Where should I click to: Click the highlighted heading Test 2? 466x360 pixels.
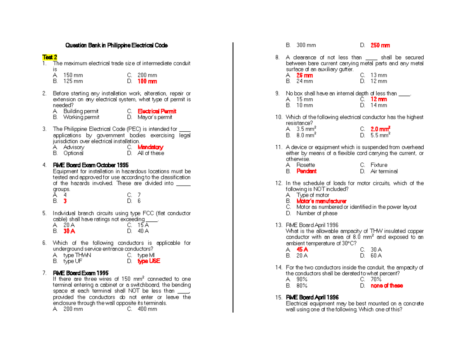tap(49, 57)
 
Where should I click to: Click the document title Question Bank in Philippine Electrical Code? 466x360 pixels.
tap(116, 45)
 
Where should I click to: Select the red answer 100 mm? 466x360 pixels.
tap(147, 82)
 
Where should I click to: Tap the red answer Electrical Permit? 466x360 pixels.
tap(157, 111)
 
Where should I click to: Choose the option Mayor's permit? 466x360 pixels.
tap(155, 117)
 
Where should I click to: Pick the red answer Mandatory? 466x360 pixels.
tap(150, 147)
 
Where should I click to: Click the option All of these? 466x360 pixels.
tap(151, 153)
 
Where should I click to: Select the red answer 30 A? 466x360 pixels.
tap(69, 231)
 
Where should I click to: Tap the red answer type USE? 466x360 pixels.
tap(149, 261)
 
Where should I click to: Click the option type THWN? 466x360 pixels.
tap(77, 255)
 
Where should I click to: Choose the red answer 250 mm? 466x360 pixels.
tap(380, 45)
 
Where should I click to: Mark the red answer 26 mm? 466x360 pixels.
tap(304, 75)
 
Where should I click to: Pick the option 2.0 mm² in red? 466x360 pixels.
tap(381, 129)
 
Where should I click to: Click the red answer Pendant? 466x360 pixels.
tap(306, 171)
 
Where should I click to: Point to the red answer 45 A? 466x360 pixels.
tap(302, 249)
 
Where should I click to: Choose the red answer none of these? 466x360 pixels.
tap(387, 285)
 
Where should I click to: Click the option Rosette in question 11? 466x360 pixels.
tap(306, 165)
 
